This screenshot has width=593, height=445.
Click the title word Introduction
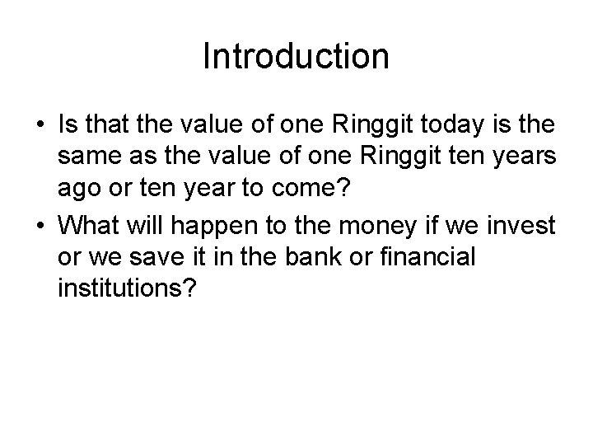click(296, 57)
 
